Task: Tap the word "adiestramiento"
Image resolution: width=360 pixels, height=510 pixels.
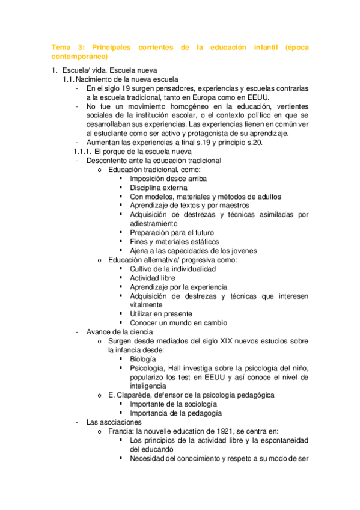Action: point(156,223)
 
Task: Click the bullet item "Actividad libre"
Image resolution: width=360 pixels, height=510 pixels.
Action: point(153,278)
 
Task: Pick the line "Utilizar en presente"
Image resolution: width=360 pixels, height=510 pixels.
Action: point(160,314)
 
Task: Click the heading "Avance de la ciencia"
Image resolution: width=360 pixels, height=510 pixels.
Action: point(120,331)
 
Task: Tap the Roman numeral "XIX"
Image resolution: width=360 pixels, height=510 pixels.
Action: point(212,341)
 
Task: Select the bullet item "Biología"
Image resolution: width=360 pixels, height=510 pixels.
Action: point(143,359)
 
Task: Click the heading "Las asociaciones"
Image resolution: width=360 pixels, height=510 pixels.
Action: point(114,422)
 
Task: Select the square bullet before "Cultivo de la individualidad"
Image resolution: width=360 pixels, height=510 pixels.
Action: point(121,269)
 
